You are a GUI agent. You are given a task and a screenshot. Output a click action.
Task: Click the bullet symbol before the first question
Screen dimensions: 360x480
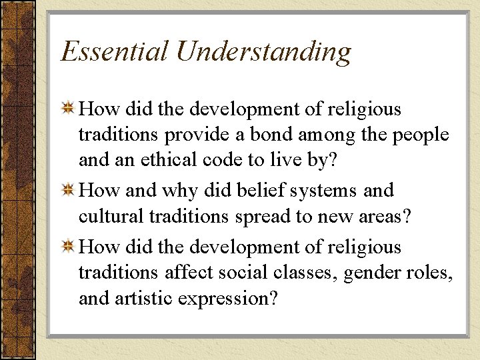point(68,109)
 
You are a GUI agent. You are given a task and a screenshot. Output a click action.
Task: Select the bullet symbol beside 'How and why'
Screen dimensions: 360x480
point(68,191)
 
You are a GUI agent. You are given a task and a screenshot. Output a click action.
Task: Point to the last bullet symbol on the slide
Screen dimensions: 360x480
point(68,247)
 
